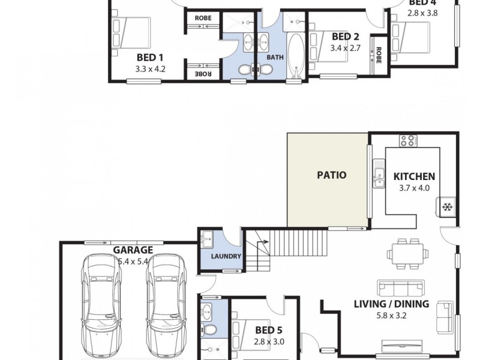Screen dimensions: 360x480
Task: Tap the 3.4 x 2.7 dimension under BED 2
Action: click(x=345, y=49)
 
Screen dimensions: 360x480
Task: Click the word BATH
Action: click(x=275, y=58)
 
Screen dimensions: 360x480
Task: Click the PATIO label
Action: click(x=331, y=176)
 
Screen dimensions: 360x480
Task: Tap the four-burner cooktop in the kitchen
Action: click(x=407, y=142)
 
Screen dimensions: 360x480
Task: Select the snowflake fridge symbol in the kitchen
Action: click(x=447, y=208)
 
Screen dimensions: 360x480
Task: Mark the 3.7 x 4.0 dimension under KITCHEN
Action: click(x=414, y=188)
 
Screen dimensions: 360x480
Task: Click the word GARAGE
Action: click(x=133, y=250)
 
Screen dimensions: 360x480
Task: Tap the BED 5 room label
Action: click(x=268, y=330)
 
